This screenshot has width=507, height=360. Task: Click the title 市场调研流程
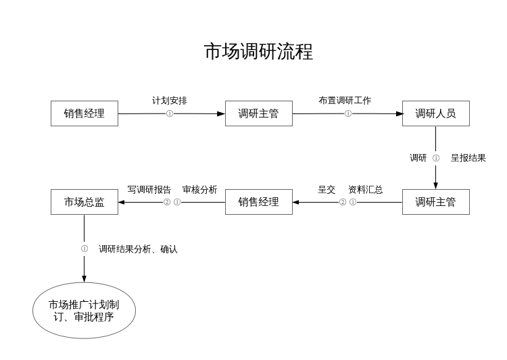[x=258, y=52]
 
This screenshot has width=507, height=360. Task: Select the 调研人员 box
[x=435, y=113]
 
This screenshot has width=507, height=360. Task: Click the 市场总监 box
[x=84, y=202]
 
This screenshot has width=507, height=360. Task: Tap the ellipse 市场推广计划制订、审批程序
[x=84, y=311]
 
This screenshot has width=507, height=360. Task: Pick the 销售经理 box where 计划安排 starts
[x=84, y=113]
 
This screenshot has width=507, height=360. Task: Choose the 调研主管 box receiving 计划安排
[x=258, y=113]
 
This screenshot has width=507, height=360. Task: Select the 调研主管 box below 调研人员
[x=435, y=202]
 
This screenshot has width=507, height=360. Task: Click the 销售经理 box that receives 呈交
[x=258, y=202]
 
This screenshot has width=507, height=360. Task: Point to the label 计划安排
[x=170, y=101]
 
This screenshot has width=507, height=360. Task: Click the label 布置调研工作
[x=345, y=101]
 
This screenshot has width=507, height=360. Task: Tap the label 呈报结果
[x=468, y=158]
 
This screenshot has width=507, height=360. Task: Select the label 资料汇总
[x=365, y=190]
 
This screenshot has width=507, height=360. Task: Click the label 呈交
[x=327, y=190]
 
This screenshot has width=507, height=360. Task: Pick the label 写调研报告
[x=149, y=190]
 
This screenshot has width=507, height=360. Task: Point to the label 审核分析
[x=199, y=190]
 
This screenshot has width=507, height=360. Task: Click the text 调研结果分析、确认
[x=138, y=249]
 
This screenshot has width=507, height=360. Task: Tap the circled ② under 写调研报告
[x=167, y=202]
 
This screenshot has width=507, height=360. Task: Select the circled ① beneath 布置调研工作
[x=348, y=113]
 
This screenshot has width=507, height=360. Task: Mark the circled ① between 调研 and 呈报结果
[x=436, y=158]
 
